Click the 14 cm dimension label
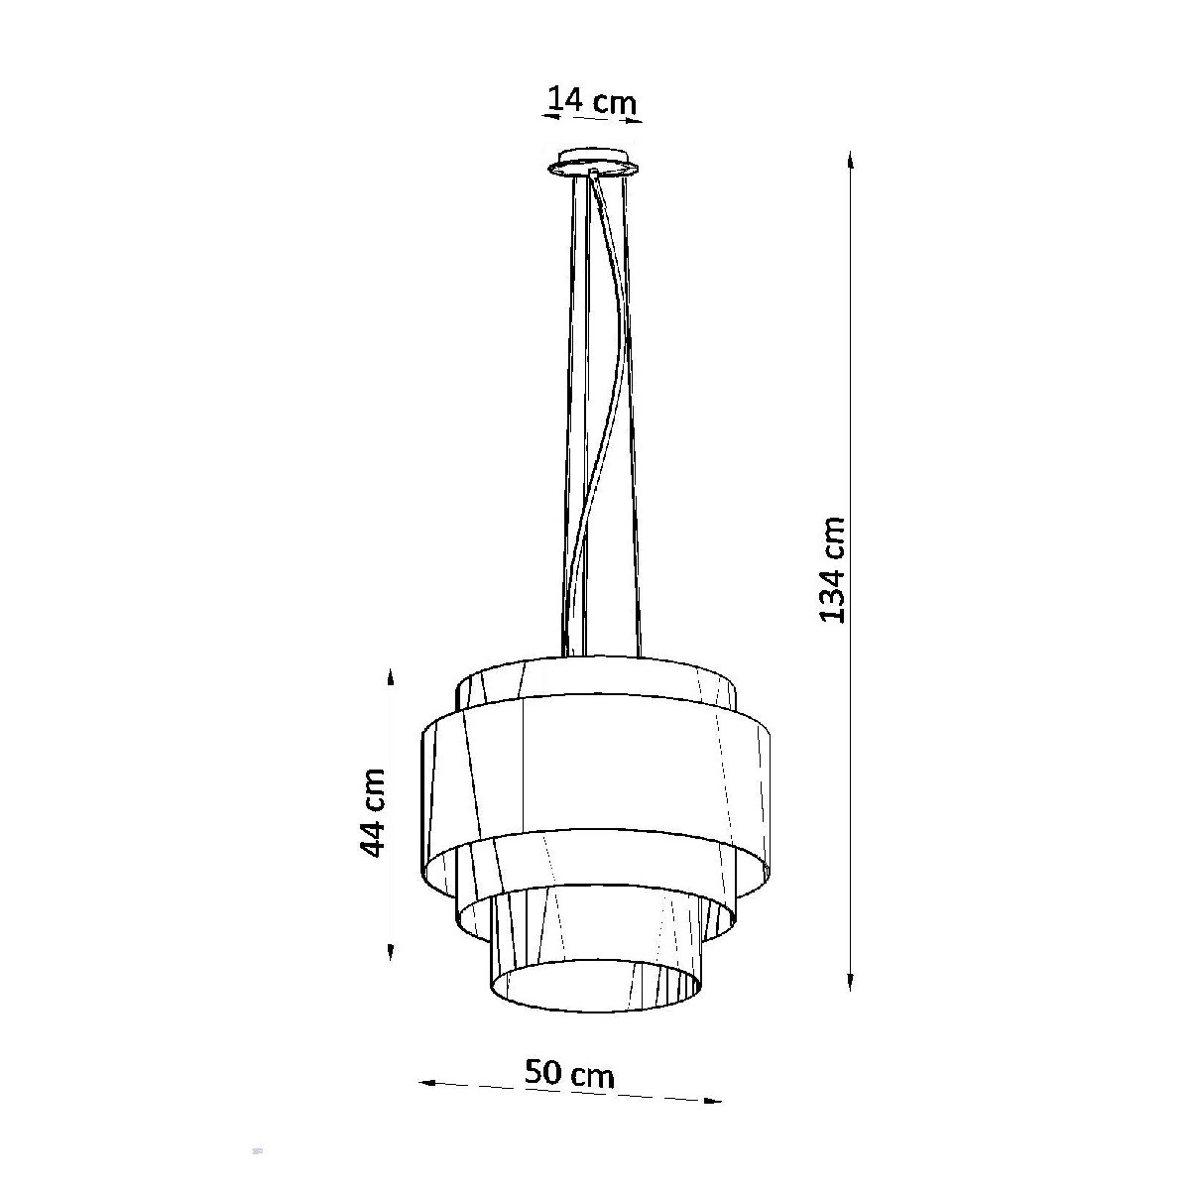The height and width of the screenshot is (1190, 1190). point(592,101)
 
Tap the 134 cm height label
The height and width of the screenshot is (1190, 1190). point(831,569)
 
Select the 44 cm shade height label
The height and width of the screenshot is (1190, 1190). point(373,813)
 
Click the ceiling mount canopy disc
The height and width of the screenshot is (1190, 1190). point(592,163)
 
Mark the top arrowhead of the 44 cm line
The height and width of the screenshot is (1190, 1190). point(390,678)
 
